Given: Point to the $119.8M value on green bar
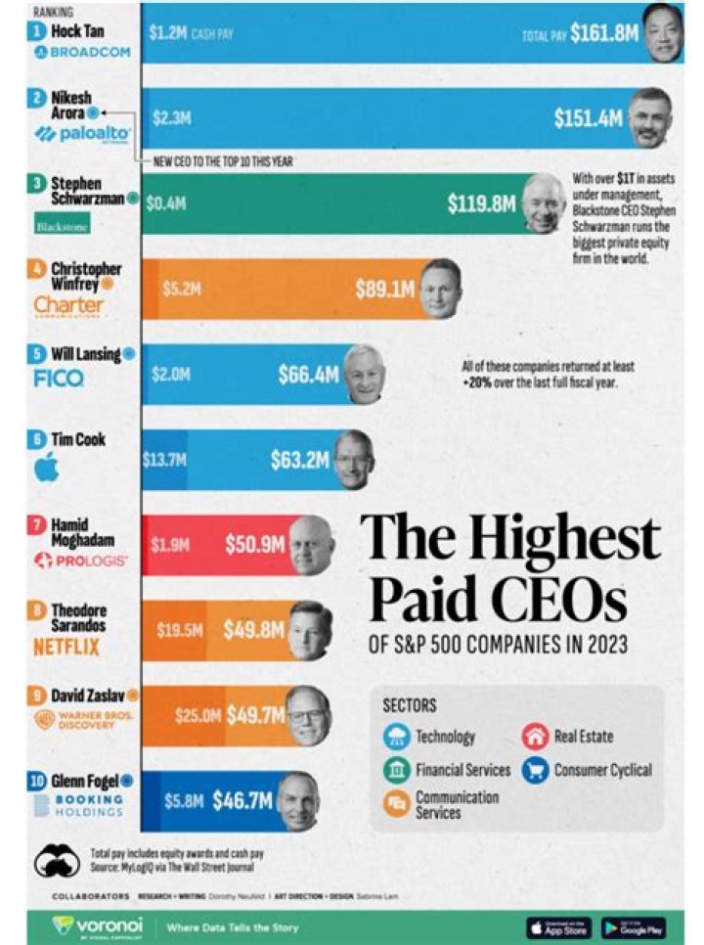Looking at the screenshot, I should tap(480, 204).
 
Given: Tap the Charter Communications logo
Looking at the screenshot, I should tap(67, 307).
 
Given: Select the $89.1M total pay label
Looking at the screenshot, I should tap(385, 290).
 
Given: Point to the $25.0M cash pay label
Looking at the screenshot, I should tap(198, 716).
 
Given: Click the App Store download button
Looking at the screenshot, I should tap(558, 926).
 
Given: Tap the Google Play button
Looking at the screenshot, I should tap(634, 926).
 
